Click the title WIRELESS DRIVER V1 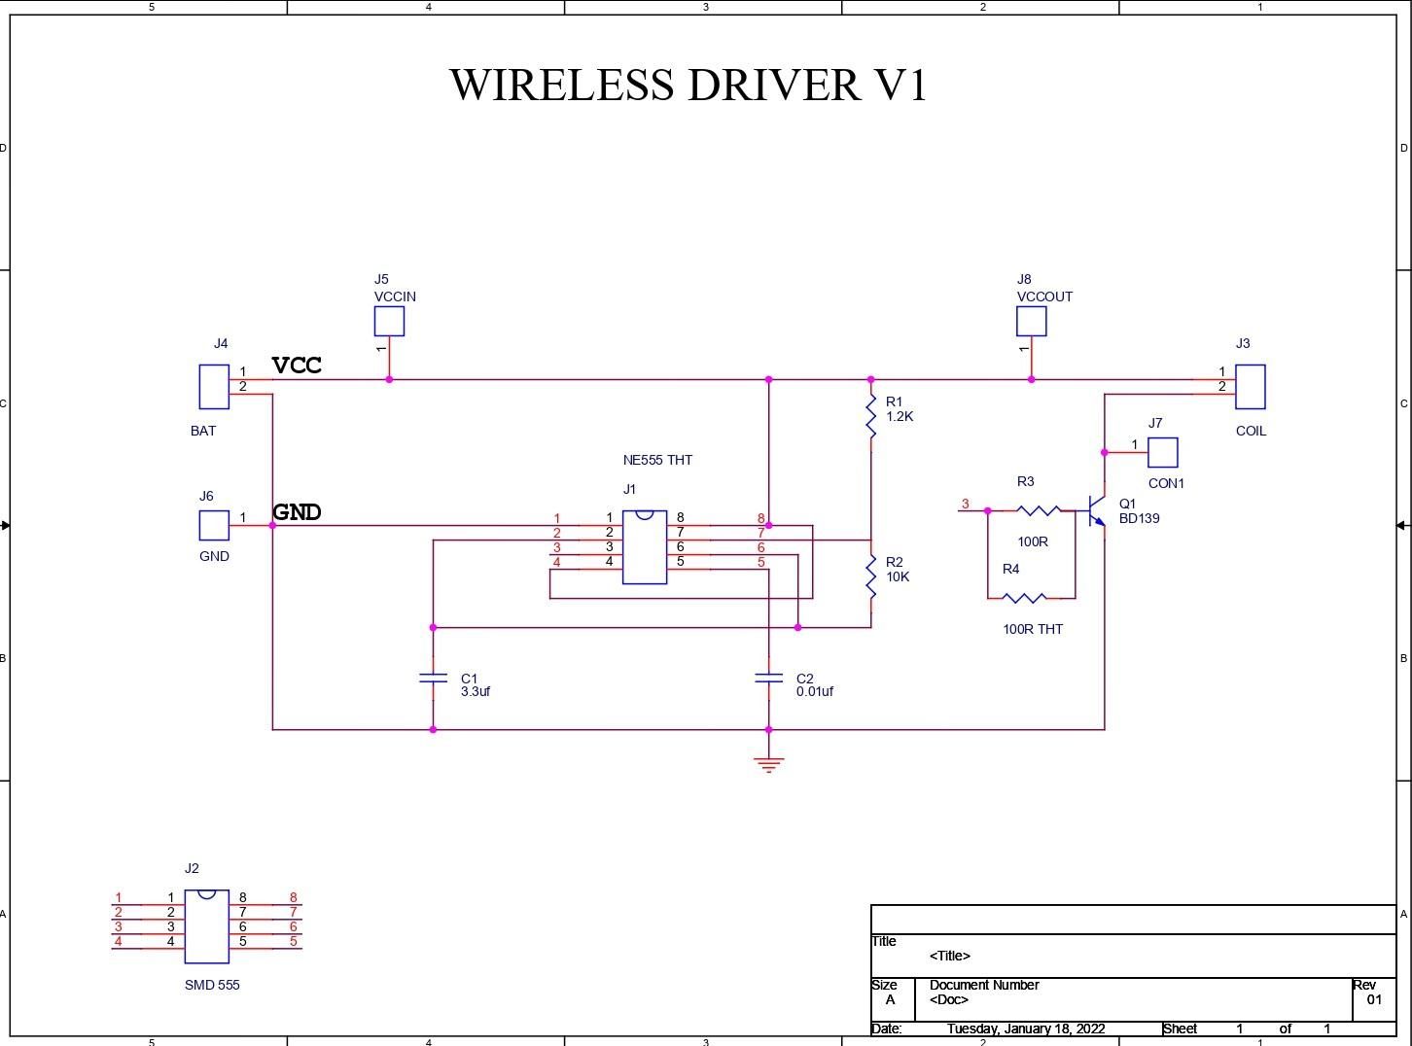tap(688, 85)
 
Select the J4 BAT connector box tap(214, 387)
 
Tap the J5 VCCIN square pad tap(389, 321)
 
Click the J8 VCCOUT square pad tap(1031, 321)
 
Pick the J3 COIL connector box tap(1250, 387)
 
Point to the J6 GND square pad tap(214, 525)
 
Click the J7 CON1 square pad tap(1162, 452)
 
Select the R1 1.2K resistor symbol tap(871, 416)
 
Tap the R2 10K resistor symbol tap(871, 575)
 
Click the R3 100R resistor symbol tap(1038, 510)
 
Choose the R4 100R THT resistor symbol tap(1024, 598)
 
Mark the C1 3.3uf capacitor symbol tap(433, 678)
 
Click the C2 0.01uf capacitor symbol tap(768, 678)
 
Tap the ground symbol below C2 tap(768, 764)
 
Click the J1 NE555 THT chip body tap(644, 547)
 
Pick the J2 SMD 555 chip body tap(206, 926)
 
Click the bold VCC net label tap(297, 366)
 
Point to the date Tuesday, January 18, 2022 tap(1025, 1029)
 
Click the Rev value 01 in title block tap(1373, 999)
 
